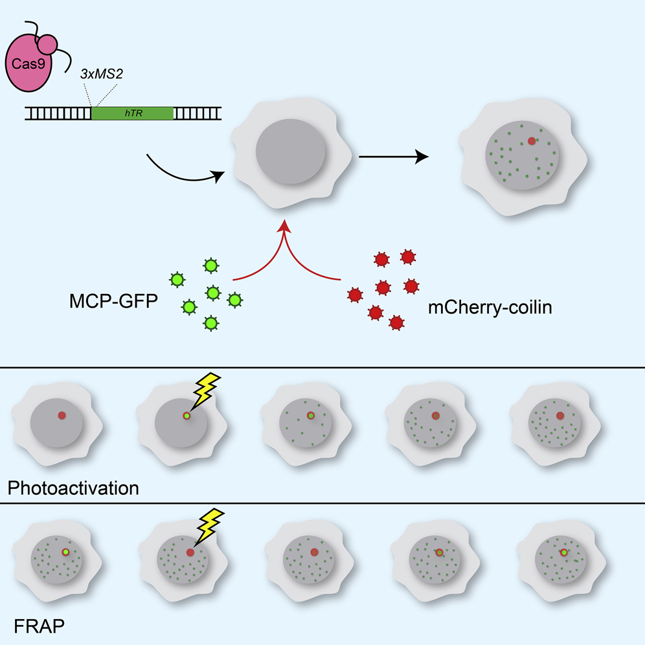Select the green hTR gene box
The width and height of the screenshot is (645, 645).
coord(132,113)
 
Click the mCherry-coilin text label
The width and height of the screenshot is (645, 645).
coord(490,308)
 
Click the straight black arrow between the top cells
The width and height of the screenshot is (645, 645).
coord(394,156)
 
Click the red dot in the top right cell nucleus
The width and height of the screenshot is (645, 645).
coord(532,141)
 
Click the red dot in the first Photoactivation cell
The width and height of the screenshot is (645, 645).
coord(62,415)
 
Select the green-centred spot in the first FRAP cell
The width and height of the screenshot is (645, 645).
coord(65,552)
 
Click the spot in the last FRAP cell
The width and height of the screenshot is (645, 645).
coord(564,552)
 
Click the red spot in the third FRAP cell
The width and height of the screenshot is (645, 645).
coord(314,552)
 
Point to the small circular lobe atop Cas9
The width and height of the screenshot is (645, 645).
coord(49,45)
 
